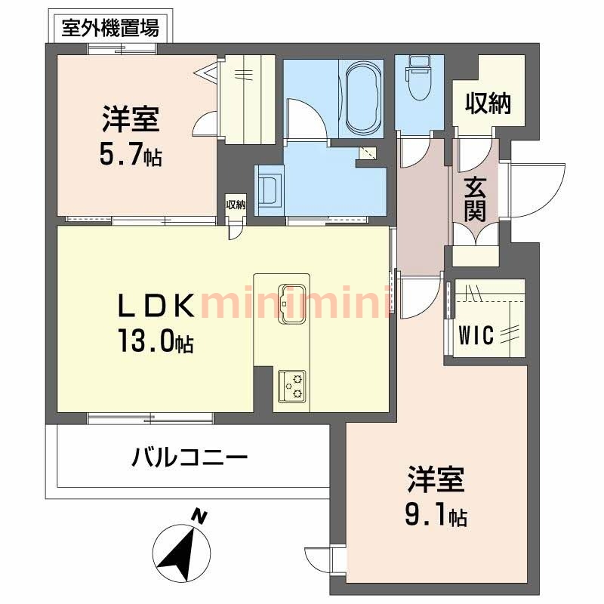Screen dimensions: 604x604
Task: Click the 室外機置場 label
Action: [109, 29]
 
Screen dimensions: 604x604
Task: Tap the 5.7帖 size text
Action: [131, 156]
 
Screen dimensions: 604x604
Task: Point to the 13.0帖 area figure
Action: [154, 344]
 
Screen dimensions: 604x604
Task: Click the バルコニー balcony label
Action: [190, 458]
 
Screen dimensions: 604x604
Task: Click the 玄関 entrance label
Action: [475, 198]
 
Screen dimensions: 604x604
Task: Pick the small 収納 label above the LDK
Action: [236, 205]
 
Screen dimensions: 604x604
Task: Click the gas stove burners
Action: [292, 386]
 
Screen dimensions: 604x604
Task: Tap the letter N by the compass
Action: [199, 516]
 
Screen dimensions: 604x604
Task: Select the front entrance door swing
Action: [537, 188]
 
